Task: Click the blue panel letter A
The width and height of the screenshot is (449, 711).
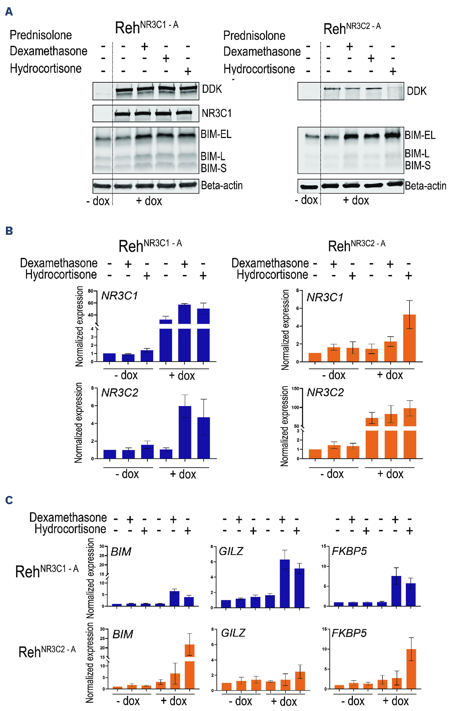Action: [x=9, y=12]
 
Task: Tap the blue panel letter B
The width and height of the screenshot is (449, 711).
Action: [x=9, y=231]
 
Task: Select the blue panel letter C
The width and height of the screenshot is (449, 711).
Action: [x=9, y=500]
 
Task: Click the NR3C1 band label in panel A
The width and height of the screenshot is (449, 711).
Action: [x=216, y=113]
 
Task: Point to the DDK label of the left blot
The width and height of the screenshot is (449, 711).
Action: [x=212, y=89]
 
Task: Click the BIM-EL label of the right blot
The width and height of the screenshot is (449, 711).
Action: [x=420, y=135]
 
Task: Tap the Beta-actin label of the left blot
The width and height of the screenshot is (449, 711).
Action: [x=222, y=185]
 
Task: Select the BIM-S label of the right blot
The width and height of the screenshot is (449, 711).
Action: [x=417, y=165]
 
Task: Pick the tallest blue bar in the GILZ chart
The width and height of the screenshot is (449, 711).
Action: [x=285, y=583]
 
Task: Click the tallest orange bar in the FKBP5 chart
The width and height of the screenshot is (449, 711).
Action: [x=411, y=669]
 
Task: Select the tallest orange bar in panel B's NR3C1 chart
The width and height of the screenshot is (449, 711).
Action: [x=409, y=338]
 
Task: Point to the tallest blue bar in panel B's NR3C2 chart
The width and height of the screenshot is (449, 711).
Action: [x=185, y=431]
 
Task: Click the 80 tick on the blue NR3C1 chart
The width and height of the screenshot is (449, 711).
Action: [x=90, y=291]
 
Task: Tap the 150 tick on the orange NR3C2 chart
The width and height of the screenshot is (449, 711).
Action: [x=295, y=389]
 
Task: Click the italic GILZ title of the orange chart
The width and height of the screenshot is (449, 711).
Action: [x=233, y=633]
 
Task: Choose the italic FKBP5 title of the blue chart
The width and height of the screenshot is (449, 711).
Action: [x=349, y=551]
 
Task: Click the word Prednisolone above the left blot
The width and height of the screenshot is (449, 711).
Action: [x=41, y=35]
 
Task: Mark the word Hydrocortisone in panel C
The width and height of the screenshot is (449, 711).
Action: [x=70, y=529]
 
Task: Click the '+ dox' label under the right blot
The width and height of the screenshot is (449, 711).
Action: [x=356, y=200]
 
